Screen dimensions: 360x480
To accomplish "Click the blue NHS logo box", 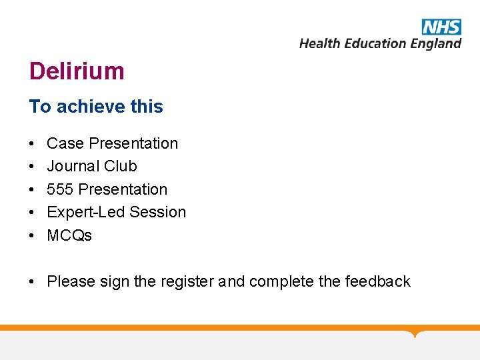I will [x=441, y=27].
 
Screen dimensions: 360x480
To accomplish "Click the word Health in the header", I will [x=318, y=43].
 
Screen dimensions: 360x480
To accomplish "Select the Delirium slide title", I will [x=77, y=71].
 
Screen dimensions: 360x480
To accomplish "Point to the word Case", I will [x=65, y=143].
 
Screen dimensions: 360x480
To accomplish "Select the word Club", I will [x=121, y=166].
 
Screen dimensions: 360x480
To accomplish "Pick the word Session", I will [x=158, y=212].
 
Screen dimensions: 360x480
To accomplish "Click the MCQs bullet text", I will [x=69, y=235].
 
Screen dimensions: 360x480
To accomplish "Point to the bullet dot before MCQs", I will [x=32, y=236].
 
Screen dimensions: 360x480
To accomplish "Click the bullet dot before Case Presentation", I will [x=32, y=144].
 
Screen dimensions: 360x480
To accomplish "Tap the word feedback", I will [x=377, y=281].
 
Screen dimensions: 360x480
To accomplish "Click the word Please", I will [x=71, y=281].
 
